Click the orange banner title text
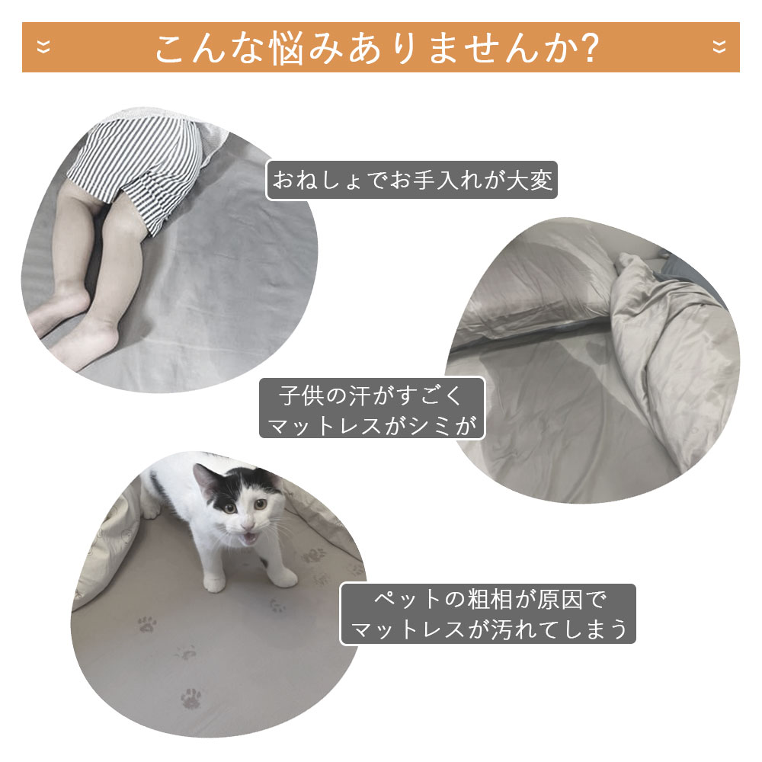377,47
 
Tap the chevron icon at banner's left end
43,47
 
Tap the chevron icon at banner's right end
719,47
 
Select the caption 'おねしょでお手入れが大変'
412,181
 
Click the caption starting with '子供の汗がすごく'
373,408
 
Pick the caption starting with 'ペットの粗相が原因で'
488,614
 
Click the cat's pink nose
248,524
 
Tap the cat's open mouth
250,537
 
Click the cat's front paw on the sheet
214,583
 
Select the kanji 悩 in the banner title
289,48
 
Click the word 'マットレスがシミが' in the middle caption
373,425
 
